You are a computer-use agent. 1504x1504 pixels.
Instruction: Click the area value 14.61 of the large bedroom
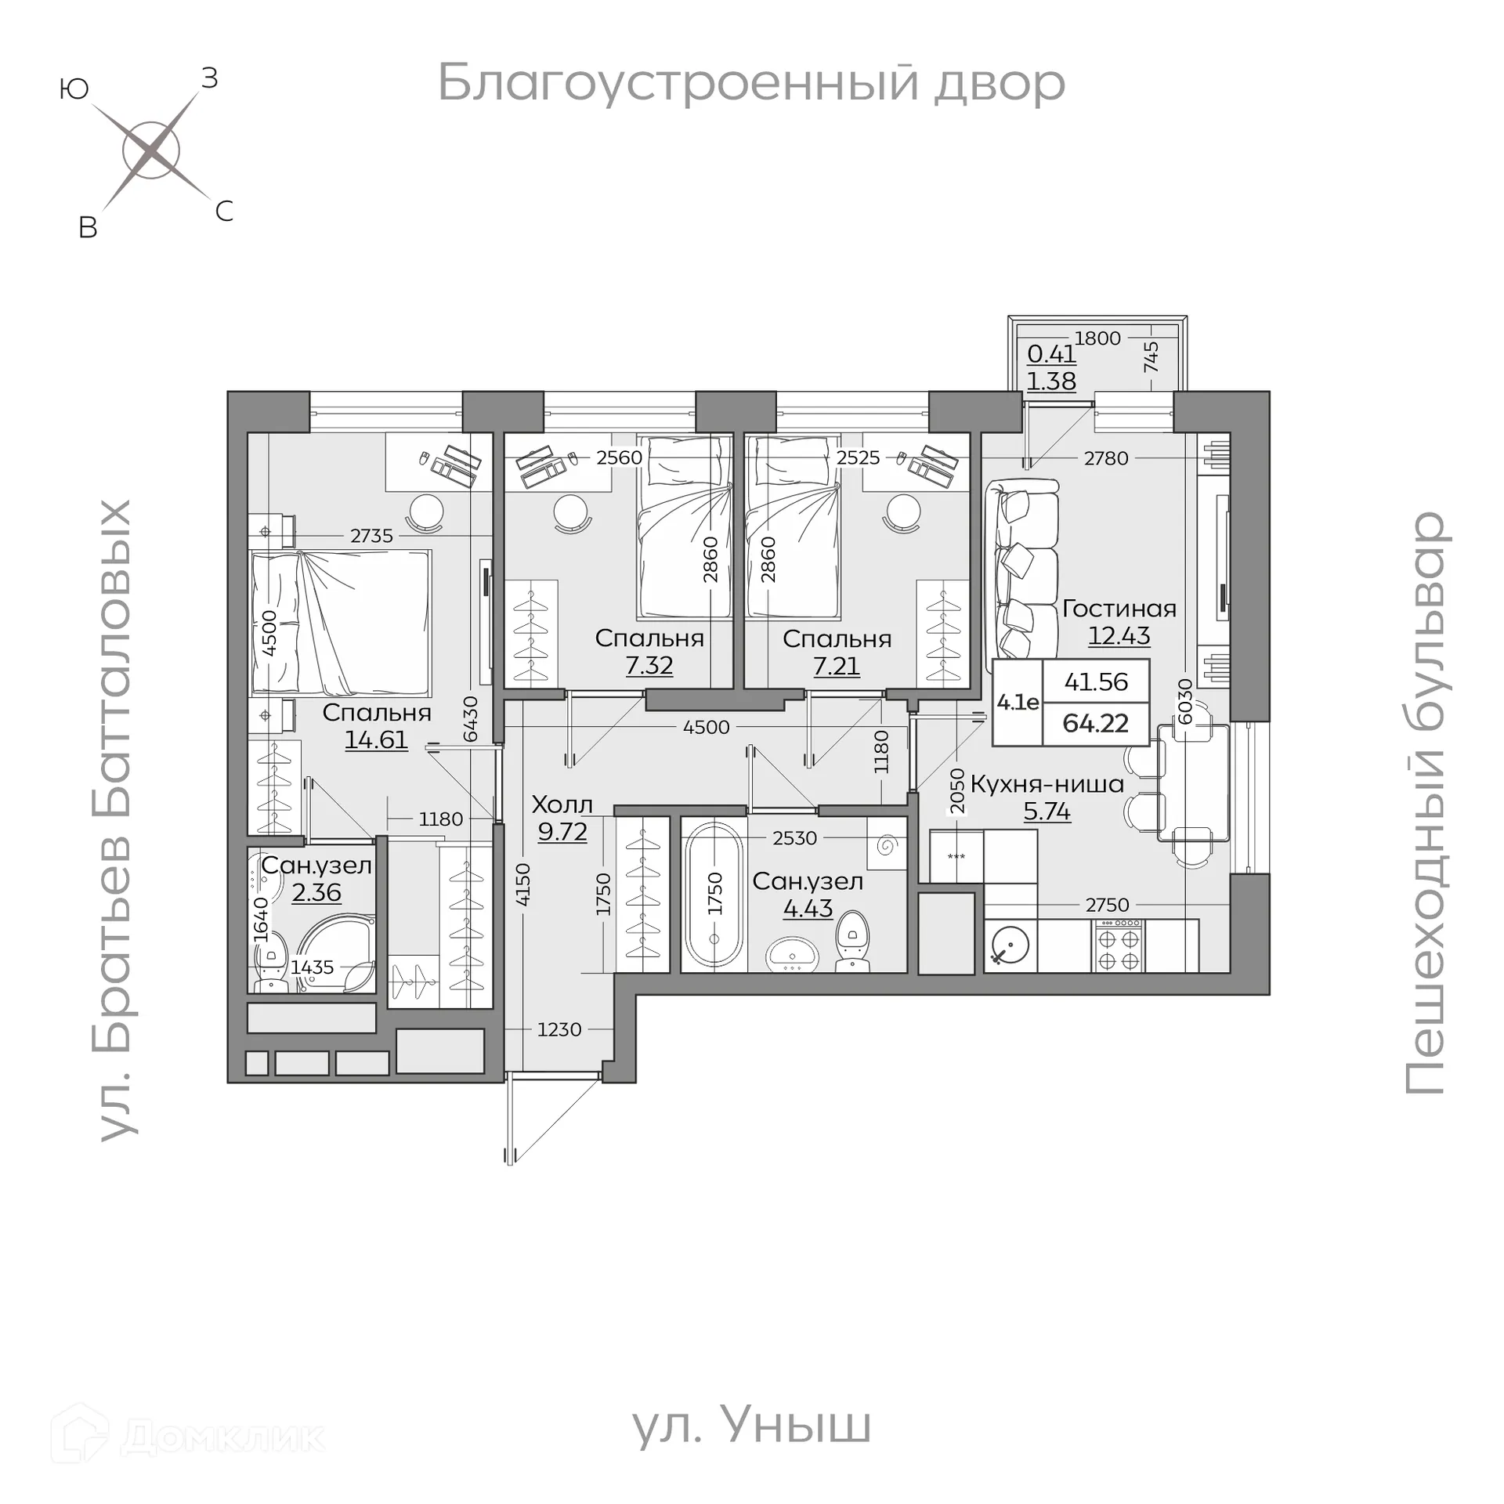point(376,739)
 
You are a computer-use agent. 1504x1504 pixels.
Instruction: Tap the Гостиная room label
point(1119,609)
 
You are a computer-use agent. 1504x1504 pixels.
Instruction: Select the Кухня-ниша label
point(1047,783)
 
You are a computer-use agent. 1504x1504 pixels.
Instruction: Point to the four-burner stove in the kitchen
point(1119,946)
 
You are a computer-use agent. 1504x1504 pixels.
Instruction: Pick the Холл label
point(562,804)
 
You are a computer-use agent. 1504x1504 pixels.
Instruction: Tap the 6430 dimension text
point(471,718)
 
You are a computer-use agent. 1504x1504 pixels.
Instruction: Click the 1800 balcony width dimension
point(1097,338)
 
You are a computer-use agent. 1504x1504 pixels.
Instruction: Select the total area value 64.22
point(1095,723)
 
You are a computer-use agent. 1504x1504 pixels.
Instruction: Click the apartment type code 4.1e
point(1018,703)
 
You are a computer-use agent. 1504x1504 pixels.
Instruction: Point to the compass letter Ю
point(74,90)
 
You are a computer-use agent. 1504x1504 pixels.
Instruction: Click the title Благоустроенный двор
point(750,82)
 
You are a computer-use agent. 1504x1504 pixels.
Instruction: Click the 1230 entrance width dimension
point(559,1029)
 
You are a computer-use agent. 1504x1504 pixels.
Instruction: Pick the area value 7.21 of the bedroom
point(836,666)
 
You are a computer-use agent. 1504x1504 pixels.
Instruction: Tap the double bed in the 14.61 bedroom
point(341,623)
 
